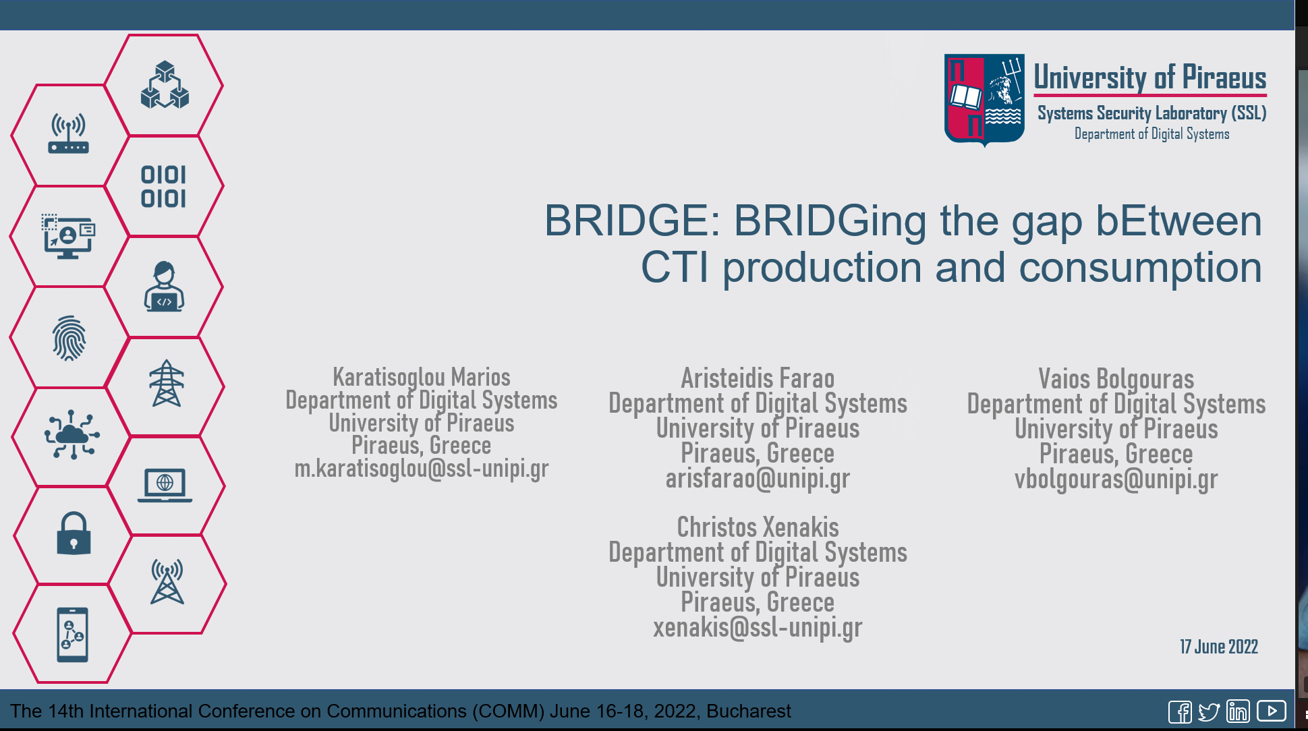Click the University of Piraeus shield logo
[x=984, y=99]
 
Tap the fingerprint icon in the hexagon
[x=69, y=338]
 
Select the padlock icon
[x=74, y=533]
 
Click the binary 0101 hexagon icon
[x=163, y=187]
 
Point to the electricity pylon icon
[x=167, y=384]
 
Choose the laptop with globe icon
[x=165, y=485]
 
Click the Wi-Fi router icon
[x=68, y=134]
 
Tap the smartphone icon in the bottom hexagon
[x=72, y=635]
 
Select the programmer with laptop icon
[x=164, y=287]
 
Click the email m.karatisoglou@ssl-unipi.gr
[x=422, y=469]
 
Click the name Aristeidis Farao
[x=758, y=378]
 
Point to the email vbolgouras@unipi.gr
[x=1116, y=479]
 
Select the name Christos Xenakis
[x=758, y=527]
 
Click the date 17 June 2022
[x=1218, y=647]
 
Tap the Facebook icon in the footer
[x=1180, y=711]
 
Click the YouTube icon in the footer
[x=1271, y=711]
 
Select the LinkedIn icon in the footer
[x=1238, y=711]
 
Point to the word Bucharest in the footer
[x=748, y=711]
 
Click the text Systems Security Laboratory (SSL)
[x=1151, y=113]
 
